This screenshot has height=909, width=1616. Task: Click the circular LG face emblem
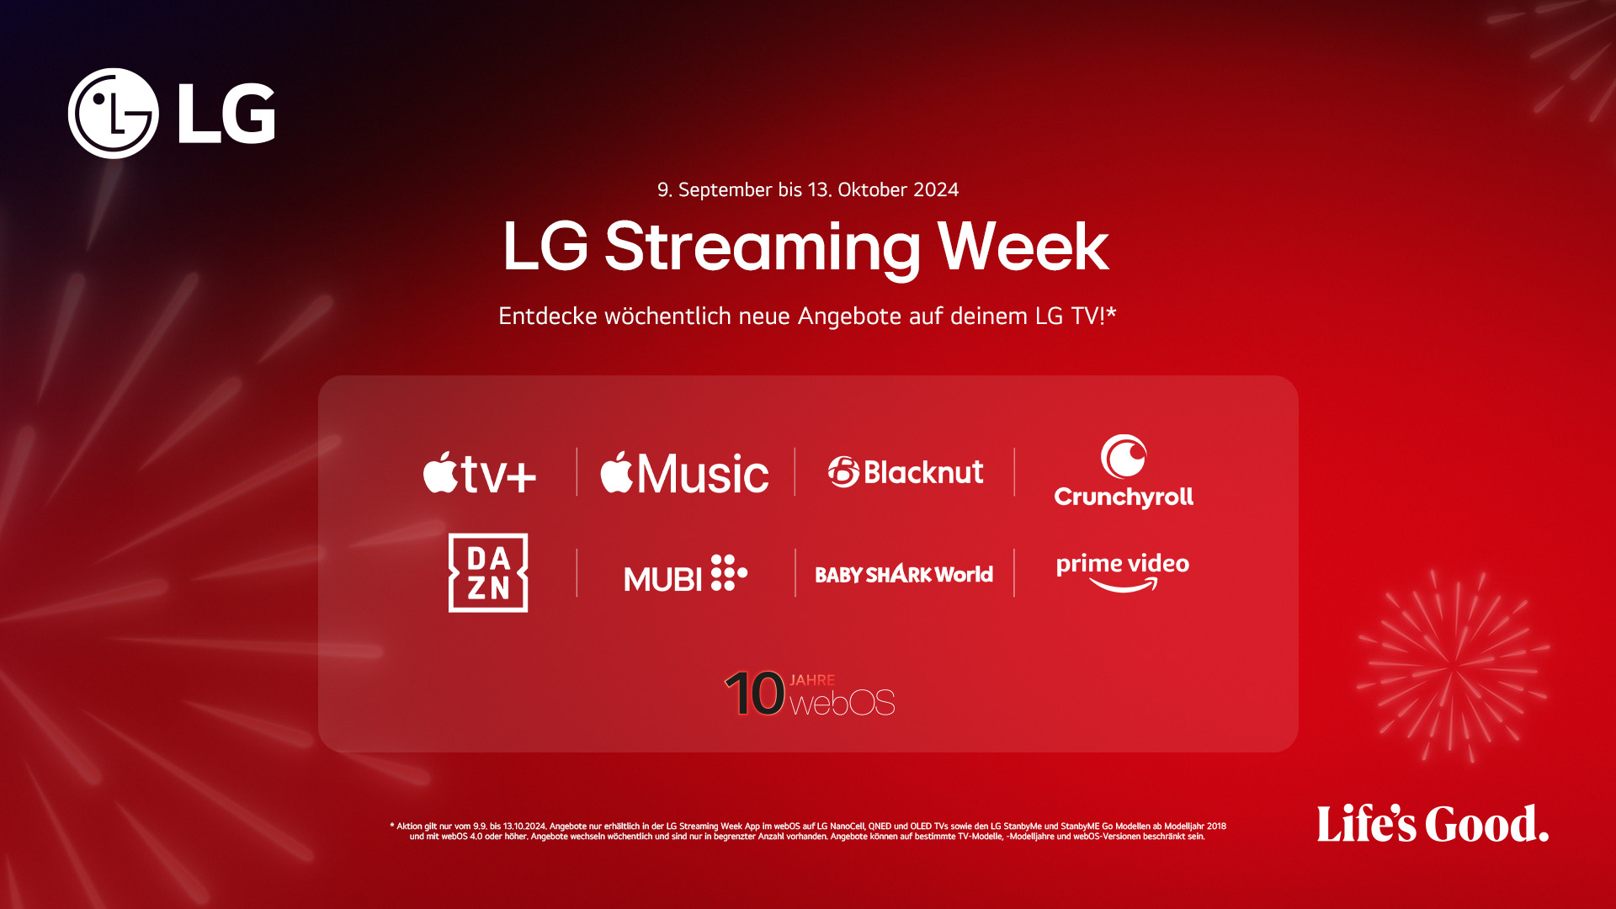114,114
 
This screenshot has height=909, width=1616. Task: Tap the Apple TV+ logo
480,473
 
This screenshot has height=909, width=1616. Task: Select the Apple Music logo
684,473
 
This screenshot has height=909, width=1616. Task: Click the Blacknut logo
906,472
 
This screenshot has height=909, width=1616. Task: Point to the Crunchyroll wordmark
1124,497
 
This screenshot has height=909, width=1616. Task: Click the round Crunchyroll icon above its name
1124,456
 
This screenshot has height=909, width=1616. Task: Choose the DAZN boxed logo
488,572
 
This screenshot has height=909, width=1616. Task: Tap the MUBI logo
685,574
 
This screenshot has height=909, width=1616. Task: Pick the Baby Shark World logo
904,575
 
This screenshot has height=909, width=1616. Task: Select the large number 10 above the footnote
755,694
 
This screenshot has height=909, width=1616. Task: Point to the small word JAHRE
812,680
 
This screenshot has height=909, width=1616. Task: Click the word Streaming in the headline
763,247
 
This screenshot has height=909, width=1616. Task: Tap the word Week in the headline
1023,247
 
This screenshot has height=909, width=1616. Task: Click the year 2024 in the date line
936,190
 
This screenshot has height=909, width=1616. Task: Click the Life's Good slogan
1433,824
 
